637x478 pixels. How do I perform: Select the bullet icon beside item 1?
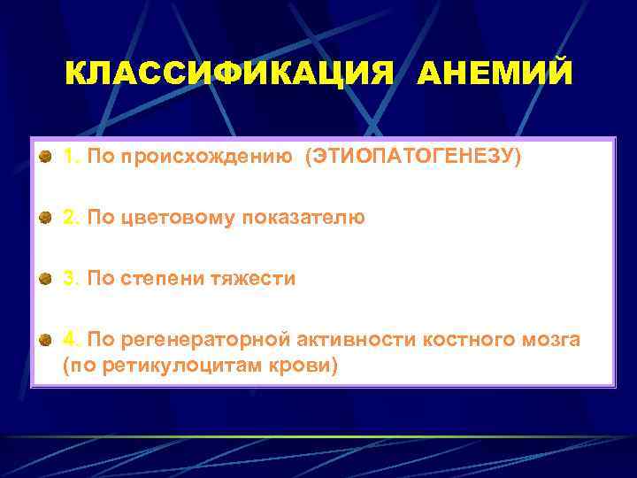click(x=44, y=157)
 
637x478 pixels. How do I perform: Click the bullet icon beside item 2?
click(x=44, y=218)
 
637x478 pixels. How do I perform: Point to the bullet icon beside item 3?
click(x=44, y=279)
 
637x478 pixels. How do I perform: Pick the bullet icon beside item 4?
click(x=44, y=340)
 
